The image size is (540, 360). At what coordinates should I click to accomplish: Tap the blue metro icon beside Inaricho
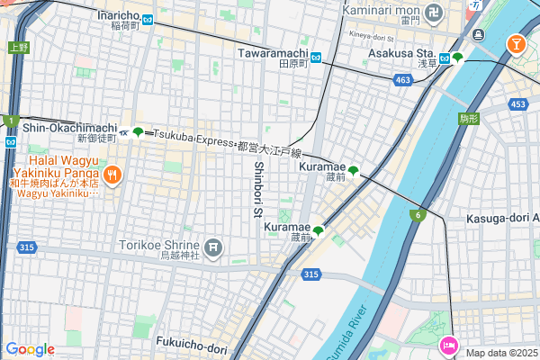[x=148, y=16]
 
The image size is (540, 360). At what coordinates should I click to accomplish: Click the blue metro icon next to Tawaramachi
[x=315, y=54]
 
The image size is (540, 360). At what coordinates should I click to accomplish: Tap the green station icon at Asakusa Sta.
[x=457, y=58]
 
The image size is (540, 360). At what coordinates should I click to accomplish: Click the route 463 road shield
[x=403, y=81]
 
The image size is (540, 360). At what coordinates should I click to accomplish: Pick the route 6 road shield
[x=418, y=214]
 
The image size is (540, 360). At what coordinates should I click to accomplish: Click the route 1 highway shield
[x=9, y=120]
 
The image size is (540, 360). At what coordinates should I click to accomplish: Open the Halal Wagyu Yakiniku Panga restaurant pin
[x=112, y=175]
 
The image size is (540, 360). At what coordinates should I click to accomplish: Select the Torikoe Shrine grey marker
[x=213, y=246]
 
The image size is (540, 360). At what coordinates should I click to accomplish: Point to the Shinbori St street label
[x=257, y=189]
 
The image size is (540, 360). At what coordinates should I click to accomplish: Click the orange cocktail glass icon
[x=517, y=42]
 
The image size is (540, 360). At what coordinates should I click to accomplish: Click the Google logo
[x=30, y=349]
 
